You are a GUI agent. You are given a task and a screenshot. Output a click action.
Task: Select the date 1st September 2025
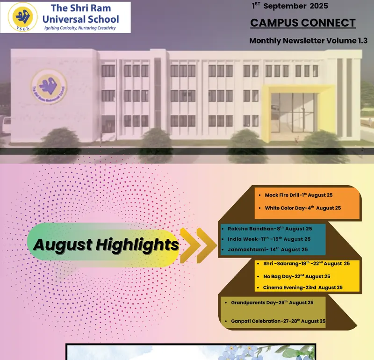pos(290,6)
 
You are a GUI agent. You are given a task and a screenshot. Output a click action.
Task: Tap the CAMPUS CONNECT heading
pos(303,22)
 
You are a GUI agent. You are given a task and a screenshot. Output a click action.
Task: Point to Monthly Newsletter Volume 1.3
pos(308,41)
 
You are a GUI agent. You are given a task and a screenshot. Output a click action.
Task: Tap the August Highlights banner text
pos(106,244)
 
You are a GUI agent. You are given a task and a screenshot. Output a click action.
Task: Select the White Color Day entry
pos(302,208)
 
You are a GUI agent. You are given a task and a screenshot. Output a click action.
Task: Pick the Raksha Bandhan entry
pos(270,229)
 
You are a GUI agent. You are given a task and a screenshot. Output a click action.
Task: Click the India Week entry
pos(269,239)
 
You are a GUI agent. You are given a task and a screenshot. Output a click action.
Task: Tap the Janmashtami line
pos(267,249)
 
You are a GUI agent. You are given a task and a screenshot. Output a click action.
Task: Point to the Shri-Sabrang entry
pos(306,264)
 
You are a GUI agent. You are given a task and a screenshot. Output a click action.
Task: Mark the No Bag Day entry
pos(296,276)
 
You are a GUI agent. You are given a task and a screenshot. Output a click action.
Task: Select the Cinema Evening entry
pos(302,288)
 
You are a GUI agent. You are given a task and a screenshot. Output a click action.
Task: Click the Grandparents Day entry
pos(272,302)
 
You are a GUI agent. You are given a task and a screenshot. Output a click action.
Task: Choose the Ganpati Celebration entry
pos(278,321)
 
